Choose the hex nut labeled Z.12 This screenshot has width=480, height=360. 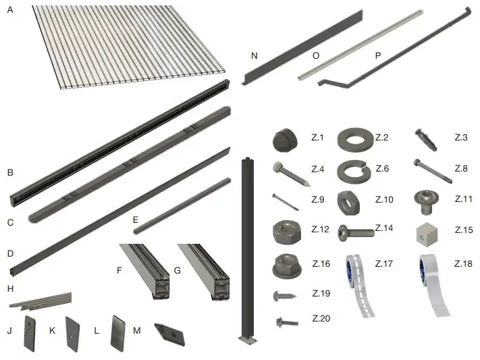286,231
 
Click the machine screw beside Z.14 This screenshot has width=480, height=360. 354,232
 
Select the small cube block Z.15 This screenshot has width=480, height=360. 429,232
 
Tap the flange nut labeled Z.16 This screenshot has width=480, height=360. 286,263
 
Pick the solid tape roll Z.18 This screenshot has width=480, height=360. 432,284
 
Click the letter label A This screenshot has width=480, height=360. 9,11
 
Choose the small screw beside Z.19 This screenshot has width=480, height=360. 285,295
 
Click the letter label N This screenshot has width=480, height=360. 254,56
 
